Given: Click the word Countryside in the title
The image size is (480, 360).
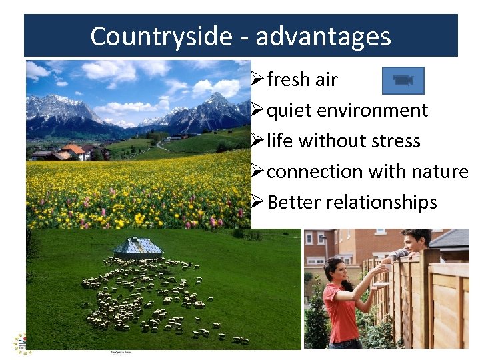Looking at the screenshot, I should (161, 36).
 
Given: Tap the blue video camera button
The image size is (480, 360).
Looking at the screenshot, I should (403, 80).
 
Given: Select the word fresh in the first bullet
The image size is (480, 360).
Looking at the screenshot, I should (289, 79).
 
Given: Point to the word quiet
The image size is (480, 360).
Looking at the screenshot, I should (291, 111).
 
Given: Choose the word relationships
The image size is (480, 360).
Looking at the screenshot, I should (383, 203).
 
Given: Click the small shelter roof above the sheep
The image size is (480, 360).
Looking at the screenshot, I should (138, 247).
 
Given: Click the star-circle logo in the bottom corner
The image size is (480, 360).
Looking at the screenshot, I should (22, 343).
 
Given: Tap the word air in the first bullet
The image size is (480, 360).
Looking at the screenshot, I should (326, 79).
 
